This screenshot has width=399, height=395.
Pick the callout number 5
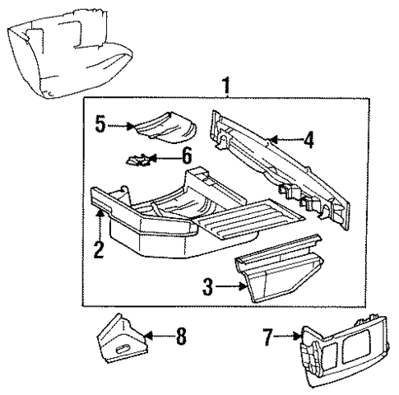point(100,126)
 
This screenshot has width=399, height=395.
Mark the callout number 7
point(269,337)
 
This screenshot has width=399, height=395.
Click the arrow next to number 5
point(120,126)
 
